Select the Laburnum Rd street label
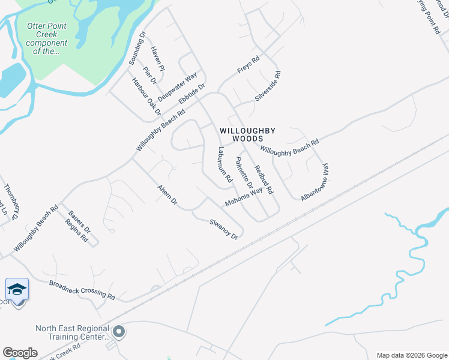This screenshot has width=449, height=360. click(x=225, y=165)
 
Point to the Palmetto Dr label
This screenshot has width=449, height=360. click(x=244, y=173)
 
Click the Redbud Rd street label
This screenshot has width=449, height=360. click(x=263, y=179)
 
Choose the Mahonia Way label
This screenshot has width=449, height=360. click(x=244, y=197)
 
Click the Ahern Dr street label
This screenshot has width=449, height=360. click(x=167, y=194)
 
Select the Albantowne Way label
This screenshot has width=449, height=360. click(x=316, y=182)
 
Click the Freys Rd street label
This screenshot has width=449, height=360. click(x=248, y=65)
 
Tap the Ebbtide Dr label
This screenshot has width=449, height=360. click(x=193, y=95)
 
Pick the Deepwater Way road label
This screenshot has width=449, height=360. click(x=178, y=87)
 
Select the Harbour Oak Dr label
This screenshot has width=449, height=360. click(x=147, y=97)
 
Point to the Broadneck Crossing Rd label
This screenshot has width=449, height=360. click(x=82, y=290)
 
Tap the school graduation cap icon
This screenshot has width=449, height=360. click(x=17, y=290)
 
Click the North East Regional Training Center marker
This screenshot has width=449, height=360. click(x=119, y=331)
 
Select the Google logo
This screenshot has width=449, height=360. click(x=20, y=352)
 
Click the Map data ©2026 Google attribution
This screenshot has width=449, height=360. click(x=411, y=355)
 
